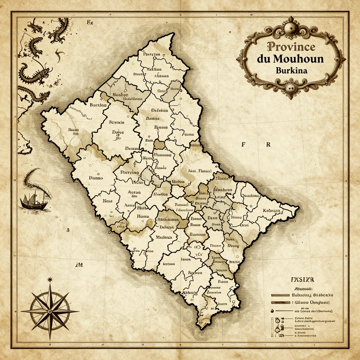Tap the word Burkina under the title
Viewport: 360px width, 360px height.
[291, 70]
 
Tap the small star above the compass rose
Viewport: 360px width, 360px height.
[50, 279]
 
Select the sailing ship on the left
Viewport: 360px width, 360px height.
[33, 200]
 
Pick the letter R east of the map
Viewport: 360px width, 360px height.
[268, 144]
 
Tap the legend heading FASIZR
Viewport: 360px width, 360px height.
[302, 280]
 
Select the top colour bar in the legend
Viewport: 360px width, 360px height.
[283, 294]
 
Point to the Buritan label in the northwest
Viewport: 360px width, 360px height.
[98, 105]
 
